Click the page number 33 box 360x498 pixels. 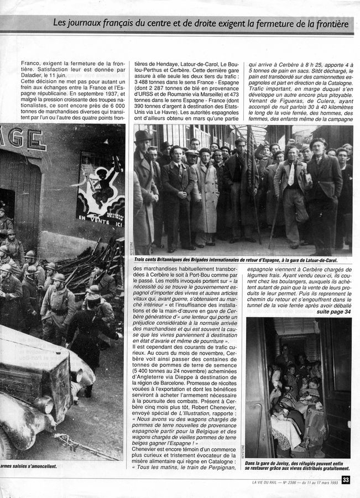(x=346, y=480)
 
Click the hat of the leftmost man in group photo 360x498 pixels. (x=143, y=136)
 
